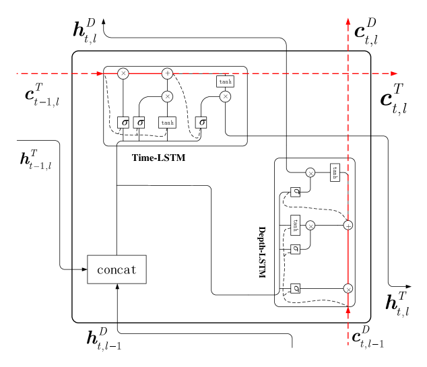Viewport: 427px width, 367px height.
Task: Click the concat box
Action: pyautogui.click(x=117, y=269)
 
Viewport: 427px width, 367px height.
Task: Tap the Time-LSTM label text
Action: pyautogui.click(x=158, y=158)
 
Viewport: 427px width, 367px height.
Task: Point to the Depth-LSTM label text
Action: pyautogui.click(x=263, y=252)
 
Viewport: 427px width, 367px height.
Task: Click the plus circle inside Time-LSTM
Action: pyautogui.click(x=168, y=73)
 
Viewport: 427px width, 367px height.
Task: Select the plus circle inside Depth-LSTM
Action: pyautogui.click(x=348, y=226)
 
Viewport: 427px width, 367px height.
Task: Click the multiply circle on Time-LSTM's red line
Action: pyautogui.click(x=123, y=73)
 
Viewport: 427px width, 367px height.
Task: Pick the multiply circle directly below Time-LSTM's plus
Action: pyautogui.click(x=168, y=96)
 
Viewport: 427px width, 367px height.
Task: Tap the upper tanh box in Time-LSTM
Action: pyautogui.click(x=225, y=81)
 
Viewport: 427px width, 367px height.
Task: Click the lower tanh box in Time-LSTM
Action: pyautogui.click(x=167, y=122)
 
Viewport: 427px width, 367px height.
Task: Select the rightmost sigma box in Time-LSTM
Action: pyautogui.click(x=201, y=122)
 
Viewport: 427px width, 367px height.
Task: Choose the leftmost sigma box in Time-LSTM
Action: pyautogui.click(x=123, y=122)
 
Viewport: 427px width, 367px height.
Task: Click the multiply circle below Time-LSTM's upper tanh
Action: pyautogui.click(x=225, y=96)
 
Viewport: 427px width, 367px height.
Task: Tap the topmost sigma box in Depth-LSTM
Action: pyautogui.click(x=295, y=192)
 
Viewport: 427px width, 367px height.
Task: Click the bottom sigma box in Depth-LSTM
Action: pyautogui.click(x=295, y=288)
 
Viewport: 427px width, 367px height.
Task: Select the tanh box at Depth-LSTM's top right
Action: pyautogui.click(x=335, y=172)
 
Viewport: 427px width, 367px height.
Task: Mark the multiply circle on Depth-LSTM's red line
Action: pyautogui.click(x=348, y=288)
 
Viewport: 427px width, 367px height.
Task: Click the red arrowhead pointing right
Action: pyautogui.click(x=394, y=73)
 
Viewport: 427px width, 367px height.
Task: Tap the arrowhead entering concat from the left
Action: pyautogui.click(x=84, y=269)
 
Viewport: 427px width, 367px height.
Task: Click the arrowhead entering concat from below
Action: pyautogui.click(x=117, y=287)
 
